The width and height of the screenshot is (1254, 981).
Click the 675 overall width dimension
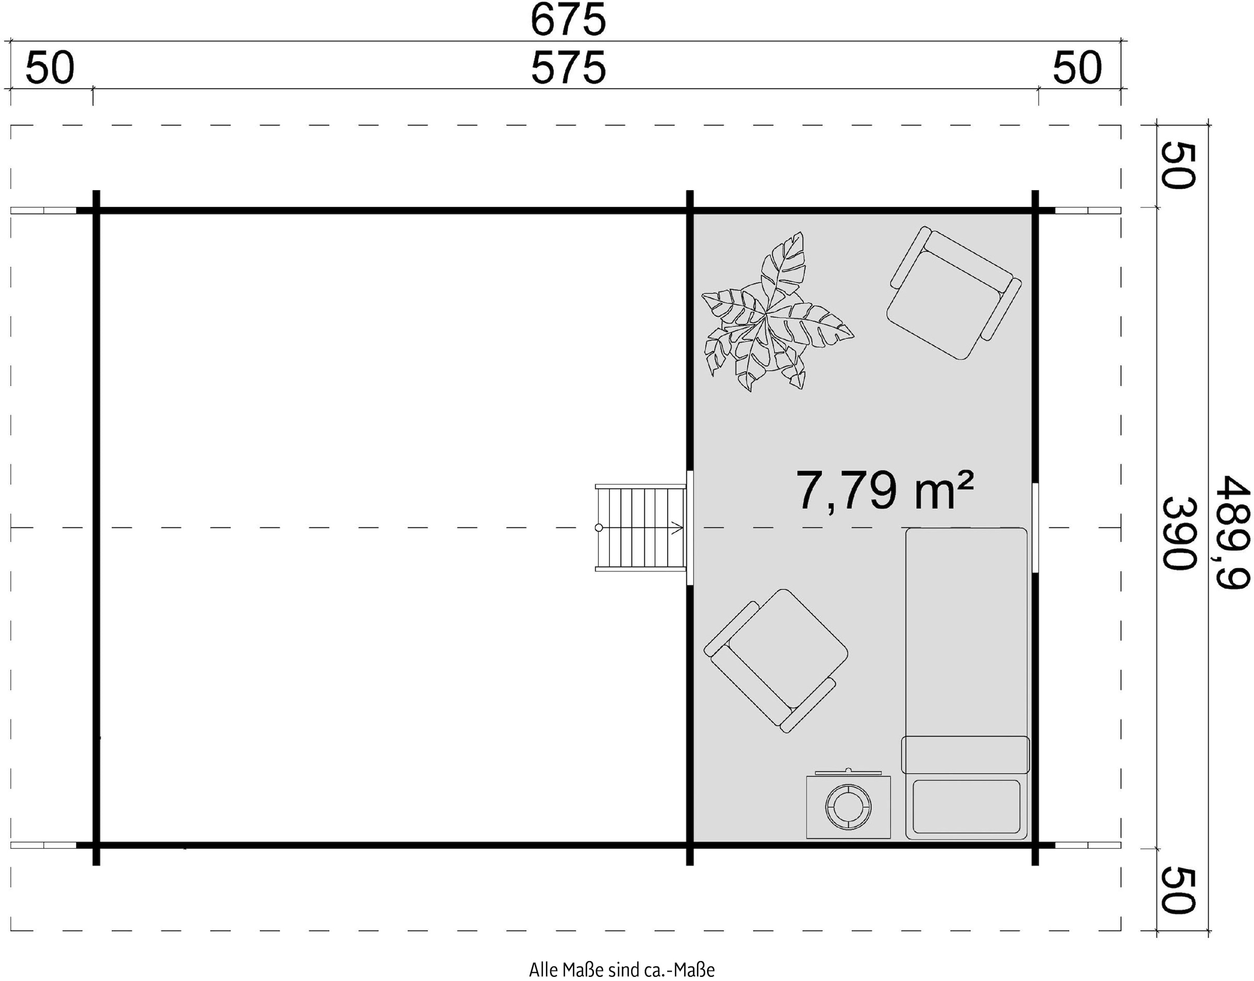(x=568, y=19)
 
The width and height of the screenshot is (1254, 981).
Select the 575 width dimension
(x=568, y=68)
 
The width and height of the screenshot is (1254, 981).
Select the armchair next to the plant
(x=954, y=293)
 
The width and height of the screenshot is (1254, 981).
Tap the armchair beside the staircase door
(x=776, y=661)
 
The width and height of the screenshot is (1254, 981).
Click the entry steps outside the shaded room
(x=640, y=528)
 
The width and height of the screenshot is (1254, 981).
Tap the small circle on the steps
(x=599, y=528)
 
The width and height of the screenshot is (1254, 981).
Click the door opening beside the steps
(x=690, y=528)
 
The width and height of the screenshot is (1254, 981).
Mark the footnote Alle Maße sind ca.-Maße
(x=622, y=970)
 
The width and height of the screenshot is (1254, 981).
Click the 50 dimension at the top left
(x=50, y=68)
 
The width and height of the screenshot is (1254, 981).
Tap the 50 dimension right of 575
(x=1077, y=68)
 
